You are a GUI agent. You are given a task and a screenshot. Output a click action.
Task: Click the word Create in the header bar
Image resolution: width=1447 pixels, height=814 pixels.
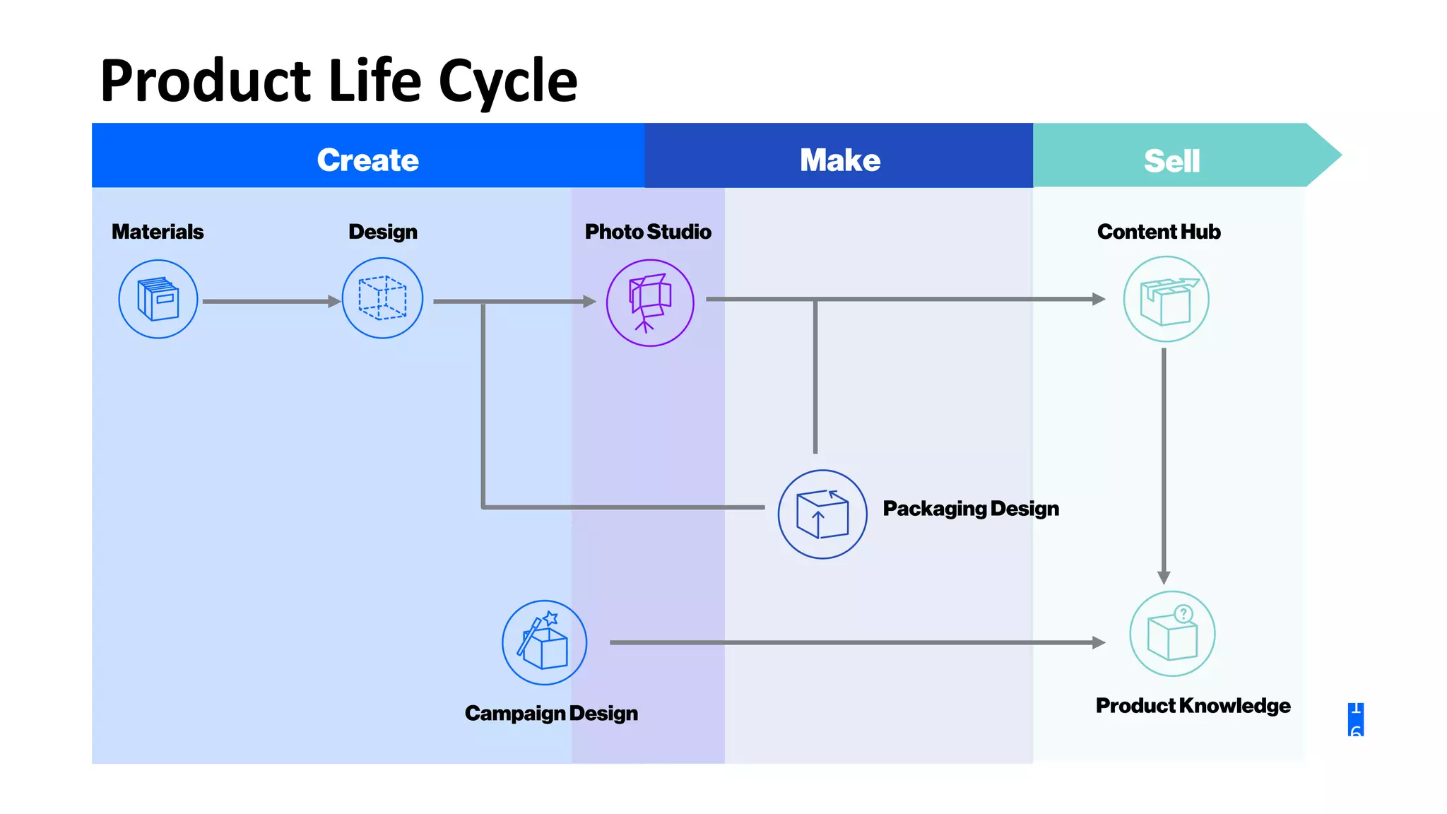367,160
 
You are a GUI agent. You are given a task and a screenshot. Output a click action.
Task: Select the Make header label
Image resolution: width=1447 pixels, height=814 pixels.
839,160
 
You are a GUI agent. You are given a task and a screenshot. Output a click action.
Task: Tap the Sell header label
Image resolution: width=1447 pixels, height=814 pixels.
1171,161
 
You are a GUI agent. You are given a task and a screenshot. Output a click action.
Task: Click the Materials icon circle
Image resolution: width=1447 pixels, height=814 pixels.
158,299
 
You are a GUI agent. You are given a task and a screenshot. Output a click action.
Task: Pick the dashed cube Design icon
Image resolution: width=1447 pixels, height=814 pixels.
382,298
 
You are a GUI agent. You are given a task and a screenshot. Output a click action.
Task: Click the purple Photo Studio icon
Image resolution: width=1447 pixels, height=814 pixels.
650,302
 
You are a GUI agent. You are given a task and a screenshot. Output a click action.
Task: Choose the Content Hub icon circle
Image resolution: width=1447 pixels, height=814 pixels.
1166,300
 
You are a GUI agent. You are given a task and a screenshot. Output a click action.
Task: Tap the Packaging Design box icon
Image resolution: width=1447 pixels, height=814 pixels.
822,514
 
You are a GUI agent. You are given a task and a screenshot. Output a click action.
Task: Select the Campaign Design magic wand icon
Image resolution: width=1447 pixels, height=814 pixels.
544,642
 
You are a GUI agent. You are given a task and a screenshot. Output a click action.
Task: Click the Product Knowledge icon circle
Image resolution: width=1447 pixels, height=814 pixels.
1172,634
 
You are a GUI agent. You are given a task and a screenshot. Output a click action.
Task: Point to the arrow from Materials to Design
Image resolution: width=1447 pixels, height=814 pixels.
268,302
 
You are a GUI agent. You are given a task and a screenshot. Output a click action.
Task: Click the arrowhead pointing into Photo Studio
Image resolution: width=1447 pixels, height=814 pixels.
589,302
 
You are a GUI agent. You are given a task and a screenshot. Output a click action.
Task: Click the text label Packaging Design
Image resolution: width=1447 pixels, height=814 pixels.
971,509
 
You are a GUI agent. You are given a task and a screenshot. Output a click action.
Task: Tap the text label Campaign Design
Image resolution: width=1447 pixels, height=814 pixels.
551,713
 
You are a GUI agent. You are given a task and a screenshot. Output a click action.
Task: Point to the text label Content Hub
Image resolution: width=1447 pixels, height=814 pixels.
1159,232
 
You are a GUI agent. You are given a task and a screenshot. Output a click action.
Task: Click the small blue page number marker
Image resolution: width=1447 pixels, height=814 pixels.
1355,719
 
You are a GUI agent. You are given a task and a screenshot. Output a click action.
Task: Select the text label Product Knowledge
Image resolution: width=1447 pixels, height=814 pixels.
1193,705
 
